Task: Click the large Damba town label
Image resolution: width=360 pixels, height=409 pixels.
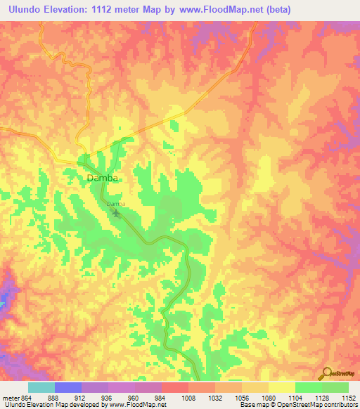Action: tap(102, 178)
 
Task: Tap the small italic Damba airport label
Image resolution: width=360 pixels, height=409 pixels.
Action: tap(116, 204)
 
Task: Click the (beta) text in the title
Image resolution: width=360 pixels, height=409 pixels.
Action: tap(274, 9)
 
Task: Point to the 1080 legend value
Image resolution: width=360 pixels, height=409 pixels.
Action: tap(257, 398)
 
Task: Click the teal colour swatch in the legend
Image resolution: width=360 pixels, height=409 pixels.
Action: tap(41, 387)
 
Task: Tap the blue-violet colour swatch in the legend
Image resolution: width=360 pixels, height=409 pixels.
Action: tap(67, 387)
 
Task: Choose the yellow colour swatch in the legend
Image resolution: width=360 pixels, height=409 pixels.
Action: tap(281, 387)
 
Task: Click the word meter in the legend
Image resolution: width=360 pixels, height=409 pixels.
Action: tap(11, 398)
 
